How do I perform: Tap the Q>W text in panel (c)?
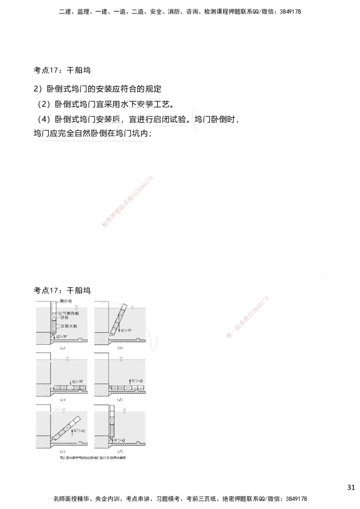(77, 382)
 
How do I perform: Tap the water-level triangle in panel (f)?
(124, 411)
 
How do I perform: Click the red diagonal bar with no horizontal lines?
(128, 202)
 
